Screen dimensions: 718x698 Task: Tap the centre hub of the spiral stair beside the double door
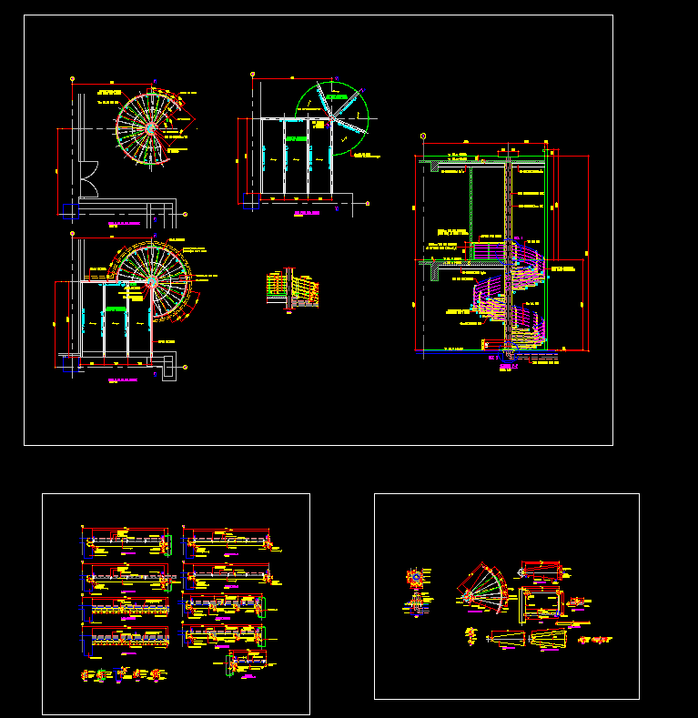150,128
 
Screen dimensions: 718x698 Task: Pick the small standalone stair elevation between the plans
294,289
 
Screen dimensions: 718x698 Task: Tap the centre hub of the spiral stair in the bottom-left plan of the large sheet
151,281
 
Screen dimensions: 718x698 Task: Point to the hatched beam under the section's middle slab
443,268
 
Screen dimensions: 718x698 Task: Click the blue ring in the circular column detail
417,577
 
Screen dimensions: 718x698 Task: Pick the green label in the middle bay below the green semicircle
296,138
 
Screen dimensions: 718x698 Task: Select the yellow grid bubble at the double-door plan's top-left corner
72,79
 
